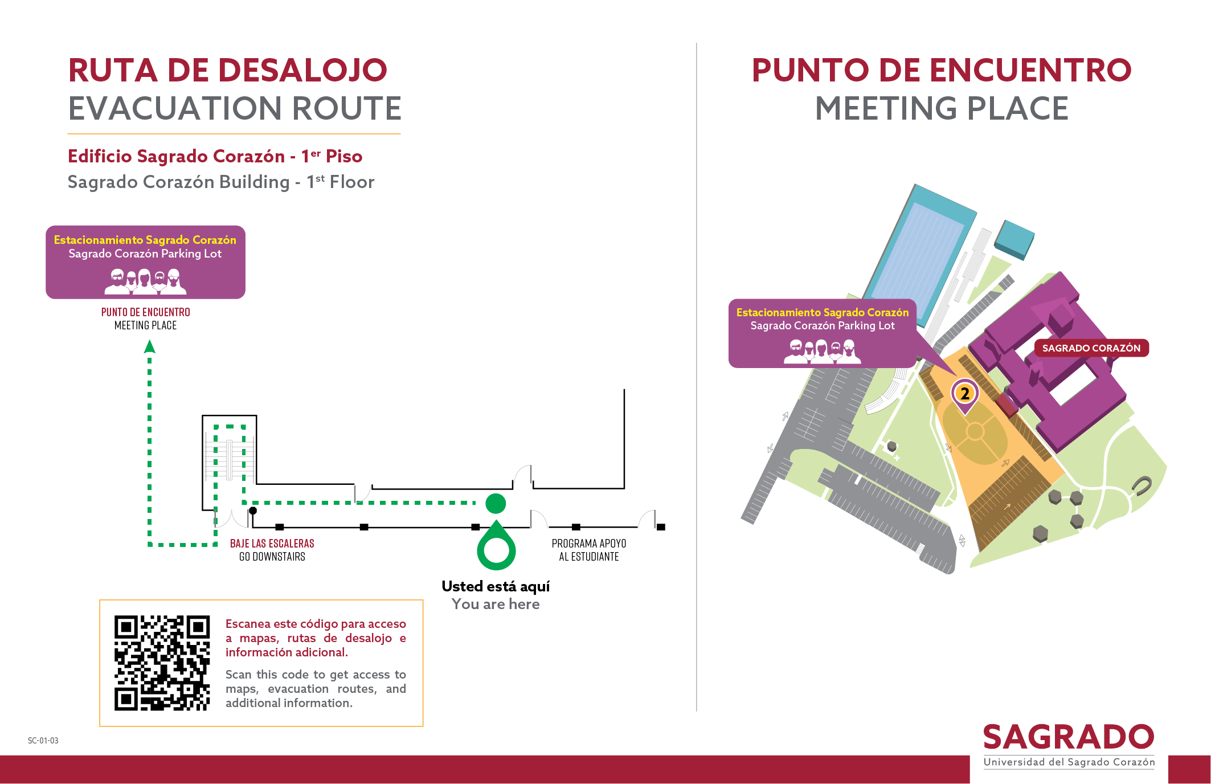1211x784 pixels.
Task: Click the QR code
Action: (162, 663)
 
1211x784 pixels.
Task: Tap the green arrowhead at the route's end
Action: (149, 346)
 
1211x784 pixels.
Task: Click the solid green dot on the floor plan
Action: (496, 504)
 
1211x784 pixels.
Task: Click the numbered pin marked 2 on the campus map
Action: (965, 394)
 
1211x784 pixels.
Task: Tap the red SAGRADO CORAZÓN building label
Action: (1091, 348)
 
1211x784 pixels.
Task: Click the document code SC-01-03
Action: (43, 741)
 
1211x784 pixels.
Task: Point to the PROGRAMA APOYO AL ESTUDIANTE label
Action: (589, 550)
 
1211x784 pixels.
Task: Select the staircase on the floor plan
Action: (230, 459)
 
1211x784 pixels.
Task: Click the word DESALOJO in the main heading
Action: (302, 71)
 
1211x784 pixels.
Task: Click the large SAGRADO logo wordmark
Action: (1069, 737)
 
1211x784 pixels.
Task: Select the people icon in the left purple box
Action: (145, 281)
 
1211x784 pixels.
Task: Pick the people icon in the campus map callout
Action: (823, 352)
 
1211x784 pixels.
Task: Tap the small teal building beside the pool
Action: (1014, 240)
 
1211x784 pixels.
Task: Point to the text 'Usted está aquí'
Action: (496, 587)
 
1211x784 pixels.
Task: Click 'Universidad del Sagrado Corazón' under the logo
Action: (1069, 762)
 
